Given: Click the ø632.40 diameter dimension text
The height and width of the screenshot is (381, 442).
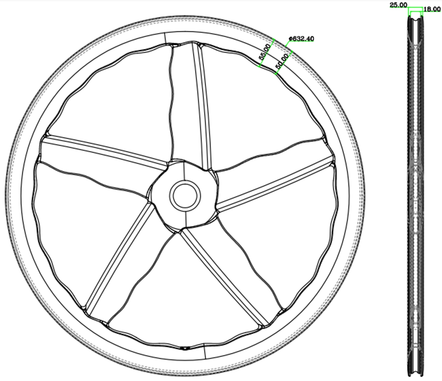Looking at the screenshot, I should click(302, 38).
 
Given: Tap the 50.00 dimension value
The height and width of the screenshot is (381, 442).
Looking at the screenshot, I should click(282, 61).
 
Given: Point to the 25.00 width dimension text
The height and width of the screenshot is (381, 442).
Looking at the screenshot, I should click(398, 5).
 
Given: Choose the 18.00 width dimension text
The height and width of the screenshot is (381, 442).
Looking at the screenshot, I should click(432, 9).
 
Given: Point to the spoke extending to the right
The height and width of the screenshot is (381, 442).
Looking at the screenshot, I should click(274, 183).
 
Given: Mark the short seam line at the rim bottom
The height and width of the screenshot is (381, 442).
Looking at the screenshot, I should click(205, 352).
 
